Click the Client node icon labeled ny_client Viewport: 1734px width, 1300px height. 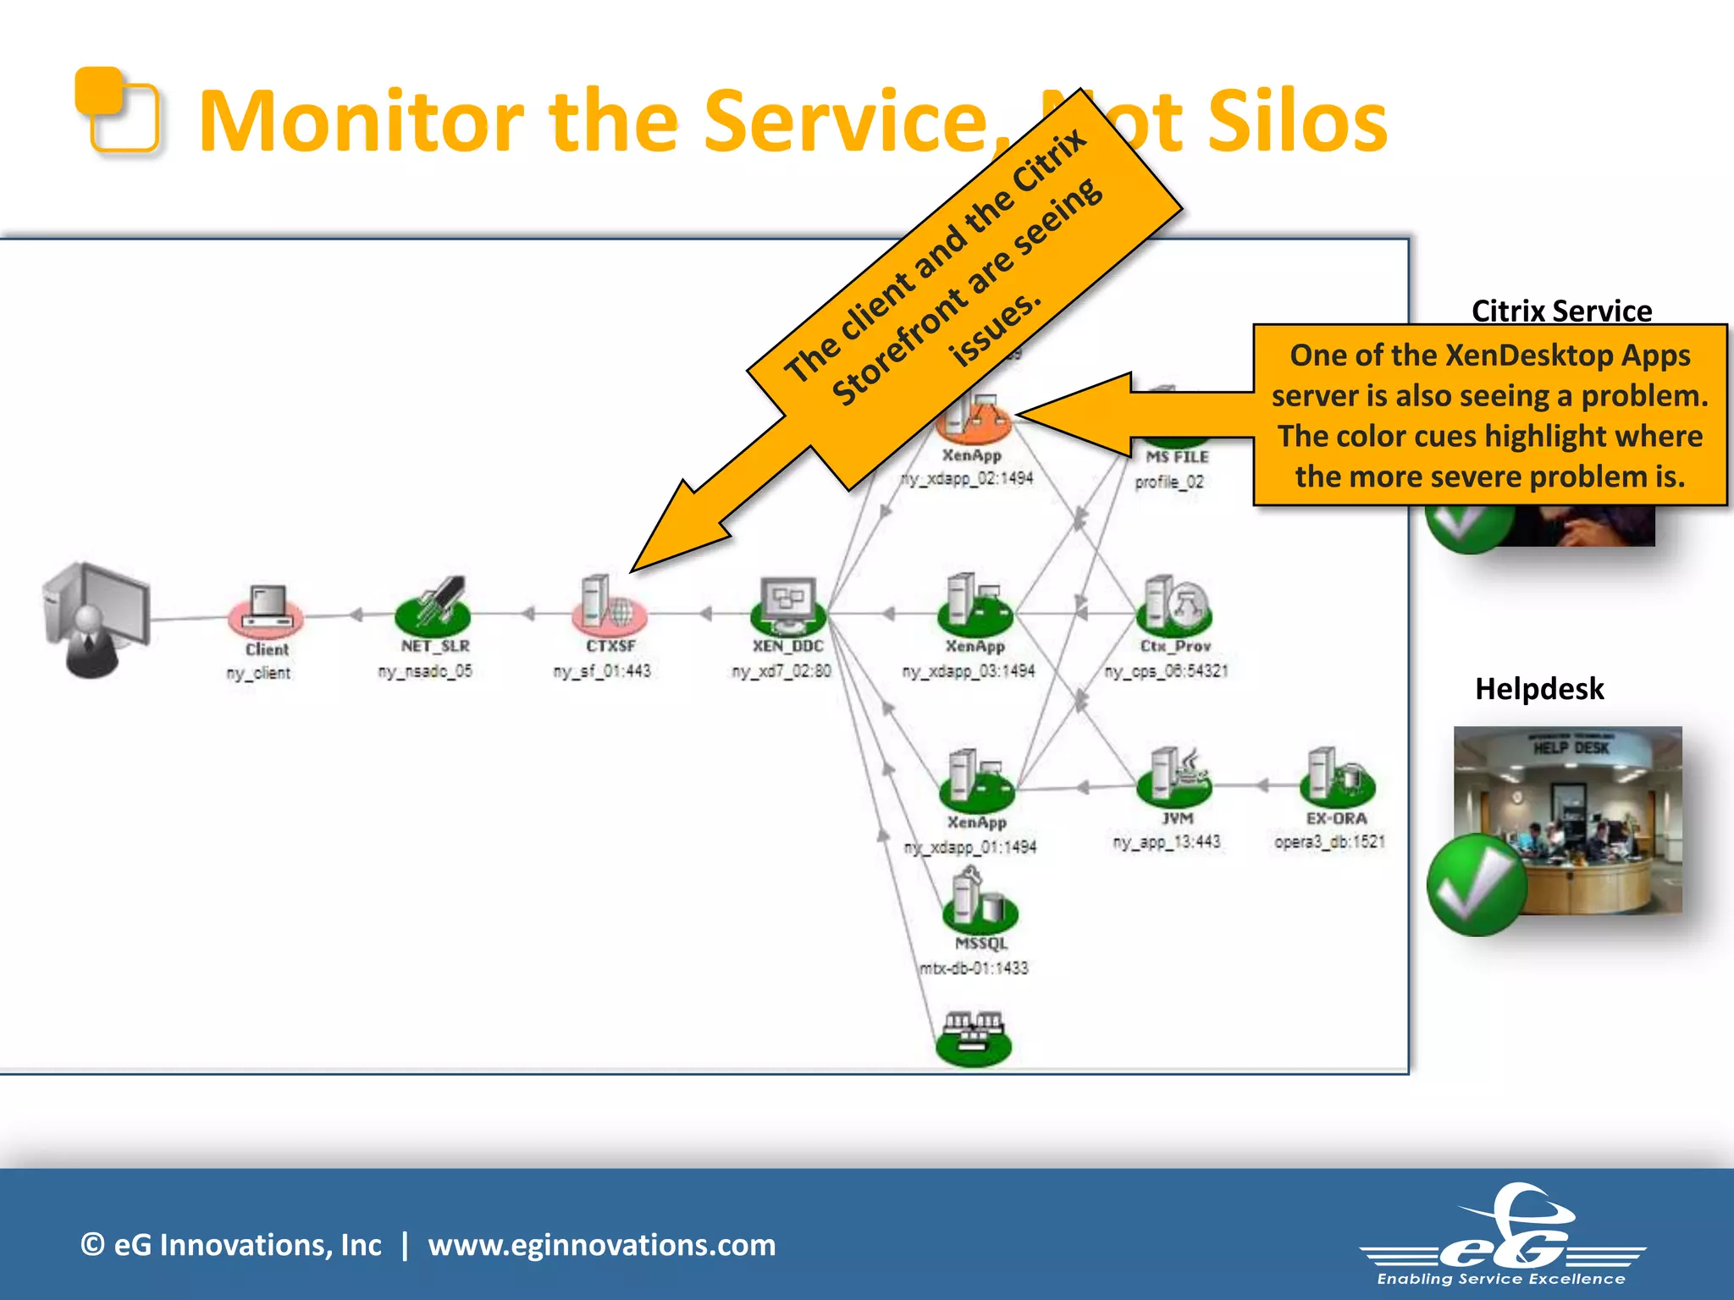[265, 611]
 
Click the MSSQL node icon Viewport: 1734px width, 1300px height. [979, 902]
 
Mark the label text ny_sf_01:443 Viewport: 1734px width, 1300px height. [602, 671]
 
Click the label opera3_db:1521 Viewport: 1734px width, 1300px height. [1329, 841]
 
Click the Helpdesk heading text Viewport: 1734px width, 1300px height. [1538, 689]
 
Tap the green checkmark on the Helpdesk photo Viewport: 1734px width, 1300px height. [1477, 885]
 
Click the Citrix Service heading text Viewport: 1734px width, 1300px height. [1561, 311]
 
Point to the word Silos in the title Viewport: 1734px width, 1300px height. [1296, 123]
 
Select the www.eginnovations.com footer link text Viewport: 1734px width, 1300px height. [601, 1245]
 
